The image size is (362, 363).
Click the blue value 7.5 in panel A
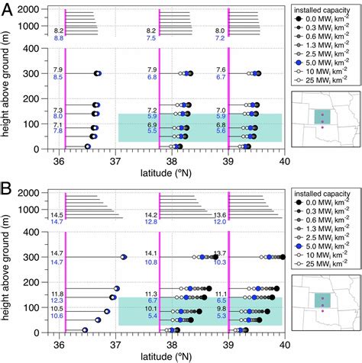click(151, 37)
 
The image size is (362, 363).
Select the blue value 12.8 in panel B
click(150, 221)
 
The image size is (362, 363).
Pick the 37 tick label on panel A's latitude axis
click(115, 161)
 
